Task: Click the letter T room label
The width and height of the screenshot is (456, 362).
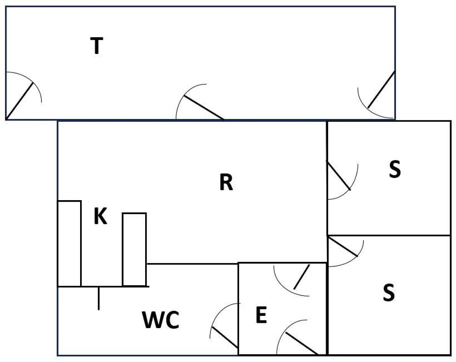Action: pos(97,46)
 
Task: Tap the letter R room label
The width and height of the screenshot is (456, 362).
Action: pos(226,182)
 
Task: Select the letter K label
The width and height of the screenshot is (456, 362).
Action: pos(100,216)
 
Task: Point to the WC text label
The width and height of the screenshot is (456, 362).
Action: pos(161,320)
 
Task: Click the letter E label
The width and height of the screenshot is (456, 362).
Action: pos(261,315)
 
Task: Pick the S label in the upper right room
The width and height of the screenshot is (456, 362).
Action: pos(395,169)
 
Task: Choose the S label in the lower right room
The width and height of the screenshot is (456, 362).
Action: pos(389,292)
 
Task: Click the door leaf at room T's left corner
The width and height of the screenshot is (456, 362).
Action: pos(19,101)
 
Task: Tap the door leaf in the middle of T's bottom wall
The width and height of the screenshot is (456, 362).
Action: pos(204,107)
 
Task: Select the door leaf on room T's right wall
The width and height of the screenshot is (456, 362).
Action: pos(381,90)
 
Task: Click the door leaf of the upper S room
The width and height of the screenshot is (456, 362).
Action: pos(339,176)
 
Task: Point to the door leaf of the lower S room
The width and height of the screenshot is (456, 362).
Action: pos(343,247)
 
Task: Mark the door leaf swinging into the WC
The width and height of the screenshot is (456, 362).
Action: pos(225,338)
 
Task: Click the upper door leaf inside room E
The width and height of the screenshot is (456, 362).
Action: pos(301,277)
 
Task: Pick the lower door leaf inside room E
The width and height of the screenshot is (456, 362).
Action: pos(301,344)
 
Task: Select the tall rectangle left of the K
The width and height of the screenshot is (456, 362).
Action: pos(70,244)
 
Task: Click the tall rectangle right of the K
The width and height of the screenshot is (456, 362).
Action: pos(135,250)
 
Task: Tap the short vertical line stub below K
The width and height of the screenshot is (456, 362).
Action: pos(99,299)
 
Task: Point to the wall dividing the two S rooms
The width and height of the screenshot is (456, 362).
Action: pos(389,235)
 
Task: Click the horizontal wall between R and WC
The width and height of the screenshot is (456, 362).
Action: pos(193,264)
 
